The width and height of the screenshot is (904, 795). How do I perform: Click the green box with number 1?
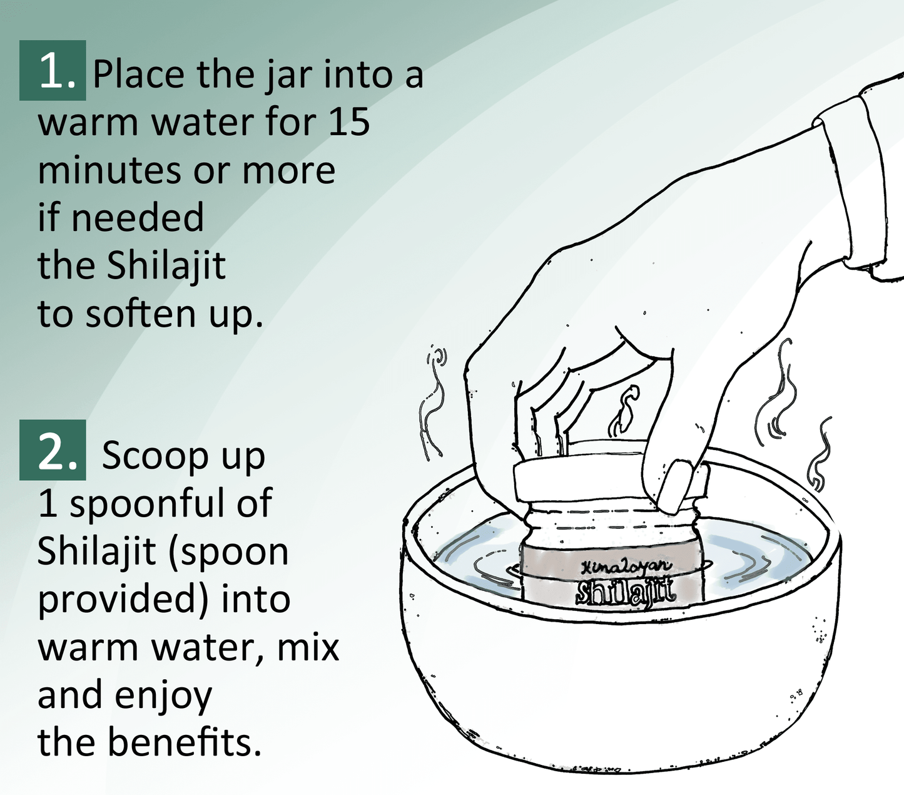(53, 71)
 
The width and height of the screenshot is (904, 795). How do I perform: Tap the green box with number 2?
(53, 450)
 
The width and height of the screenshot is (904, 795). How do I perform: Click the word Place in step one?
(138, 74)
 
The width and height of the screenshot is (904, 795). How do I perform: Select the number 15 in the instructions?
(348, 121)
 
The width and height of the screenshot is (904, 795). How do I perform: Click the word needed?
(137, 218)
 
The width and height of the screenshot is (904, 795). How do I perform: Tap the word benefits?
(184, 742)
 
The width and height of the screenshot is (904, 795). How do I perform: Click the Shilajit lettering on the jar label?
(625, 592)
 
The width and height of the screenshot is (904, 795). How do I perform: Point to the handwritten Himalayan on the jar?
(626, 567)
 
